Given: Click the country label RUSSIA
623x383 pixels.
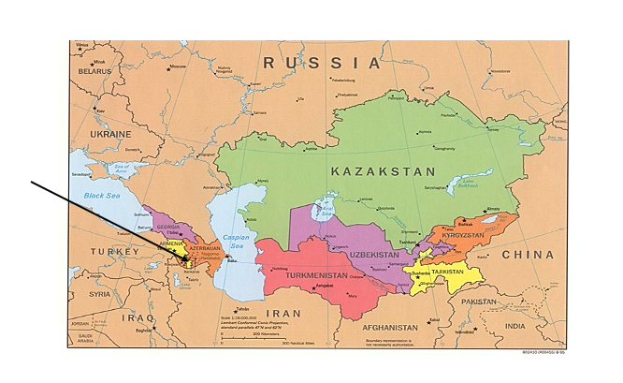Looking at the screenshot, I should pyautogui.click(x=322, y=63).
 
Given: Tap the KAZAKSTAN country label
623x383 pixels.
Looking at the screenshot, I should pyautogui.click(x=383, y=171).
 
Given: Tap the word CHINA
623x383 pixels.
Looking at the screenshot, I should pyautogui.click(x=527, y=254).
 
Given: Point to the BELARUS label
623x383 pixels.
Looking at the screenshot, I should pyautogui.click(x=94, y=71).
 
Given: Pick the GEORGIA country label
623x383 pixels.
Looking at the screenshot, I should pyautogui.click(x=168, y=228).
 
